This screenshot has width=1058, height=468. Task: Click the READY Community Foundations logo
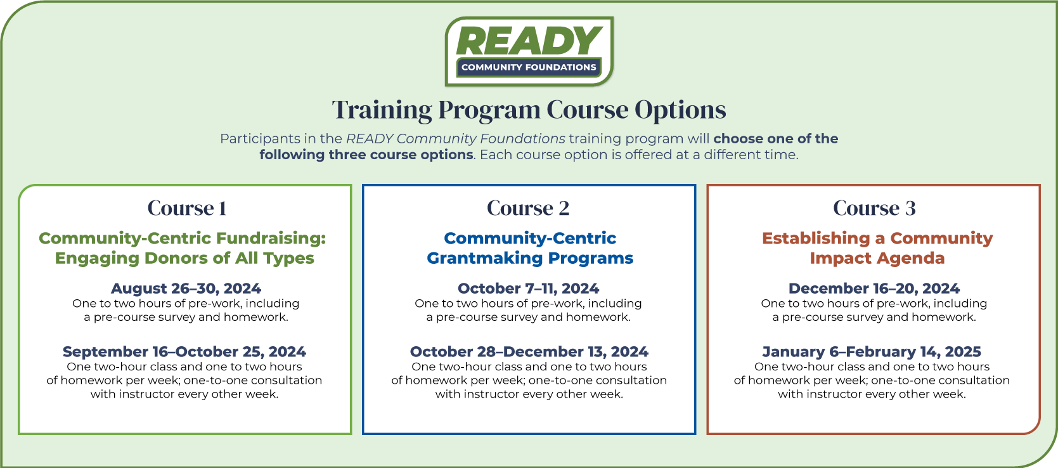pos(529,51)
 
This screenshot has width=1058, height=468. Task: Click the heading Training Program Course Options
pos(529,110)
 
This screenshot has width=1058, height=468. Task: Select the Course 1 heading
pos(187,208)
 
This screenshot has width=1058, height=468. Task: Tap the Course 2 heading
pos(528,208)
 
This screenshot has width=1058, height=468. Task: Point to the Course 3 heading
pos(874,208)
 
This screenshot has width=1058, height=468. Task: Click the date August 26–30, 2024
pos(186,288)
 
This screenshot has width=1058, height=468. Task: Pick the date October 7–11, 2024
pos(529,288)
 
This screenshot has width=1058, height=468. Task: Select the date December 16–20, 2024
pos(874,288)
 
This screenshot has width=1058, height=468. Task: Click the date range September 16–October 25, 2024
pos(184,351)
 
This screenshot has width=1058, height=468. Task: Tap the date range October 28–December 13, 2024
pos(529,351)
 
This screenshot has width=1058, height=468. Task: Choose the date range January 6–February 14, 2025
pos(872,351)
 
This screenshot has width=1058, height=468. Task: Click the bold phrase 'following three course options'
pos(366,155)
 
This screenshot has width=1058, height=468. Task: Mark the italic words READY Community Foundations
pos(456,138)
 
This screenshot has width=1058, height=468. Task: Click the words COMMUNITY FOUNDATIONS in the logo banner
pos(529,67)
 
